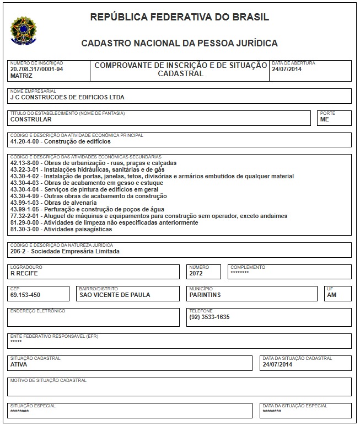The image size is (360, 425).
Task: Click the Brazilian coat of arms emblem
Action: pos(23,30)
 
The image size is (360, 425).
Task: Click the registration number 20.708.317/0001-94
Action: pos(36,70)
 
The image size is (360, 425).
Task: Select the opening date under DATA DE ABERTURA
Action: pos(286,70)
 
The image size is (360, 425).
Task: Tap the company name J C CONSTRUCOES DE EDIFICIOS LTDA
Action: pos(67,97)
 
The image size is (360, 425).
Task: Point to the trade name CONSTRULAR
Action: pos(31,119)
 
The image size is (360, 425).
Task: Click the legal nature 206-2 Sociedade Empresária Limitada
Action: pos(65,251)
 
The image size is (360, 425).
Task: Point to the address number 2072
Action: pos(196,273)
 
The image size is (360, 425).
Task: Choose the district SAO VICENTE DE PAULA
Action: pos(115,295)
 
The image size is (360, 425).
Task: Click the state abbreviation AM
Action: pos(331,295)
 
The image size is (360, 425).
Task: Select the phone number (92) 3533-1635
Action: pos(209,317)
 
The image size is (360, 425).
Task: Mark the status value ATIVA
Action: pos(19,364)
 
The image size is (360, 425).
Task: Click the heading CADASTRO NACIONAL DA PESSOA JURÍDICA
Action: pos(179,43)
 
